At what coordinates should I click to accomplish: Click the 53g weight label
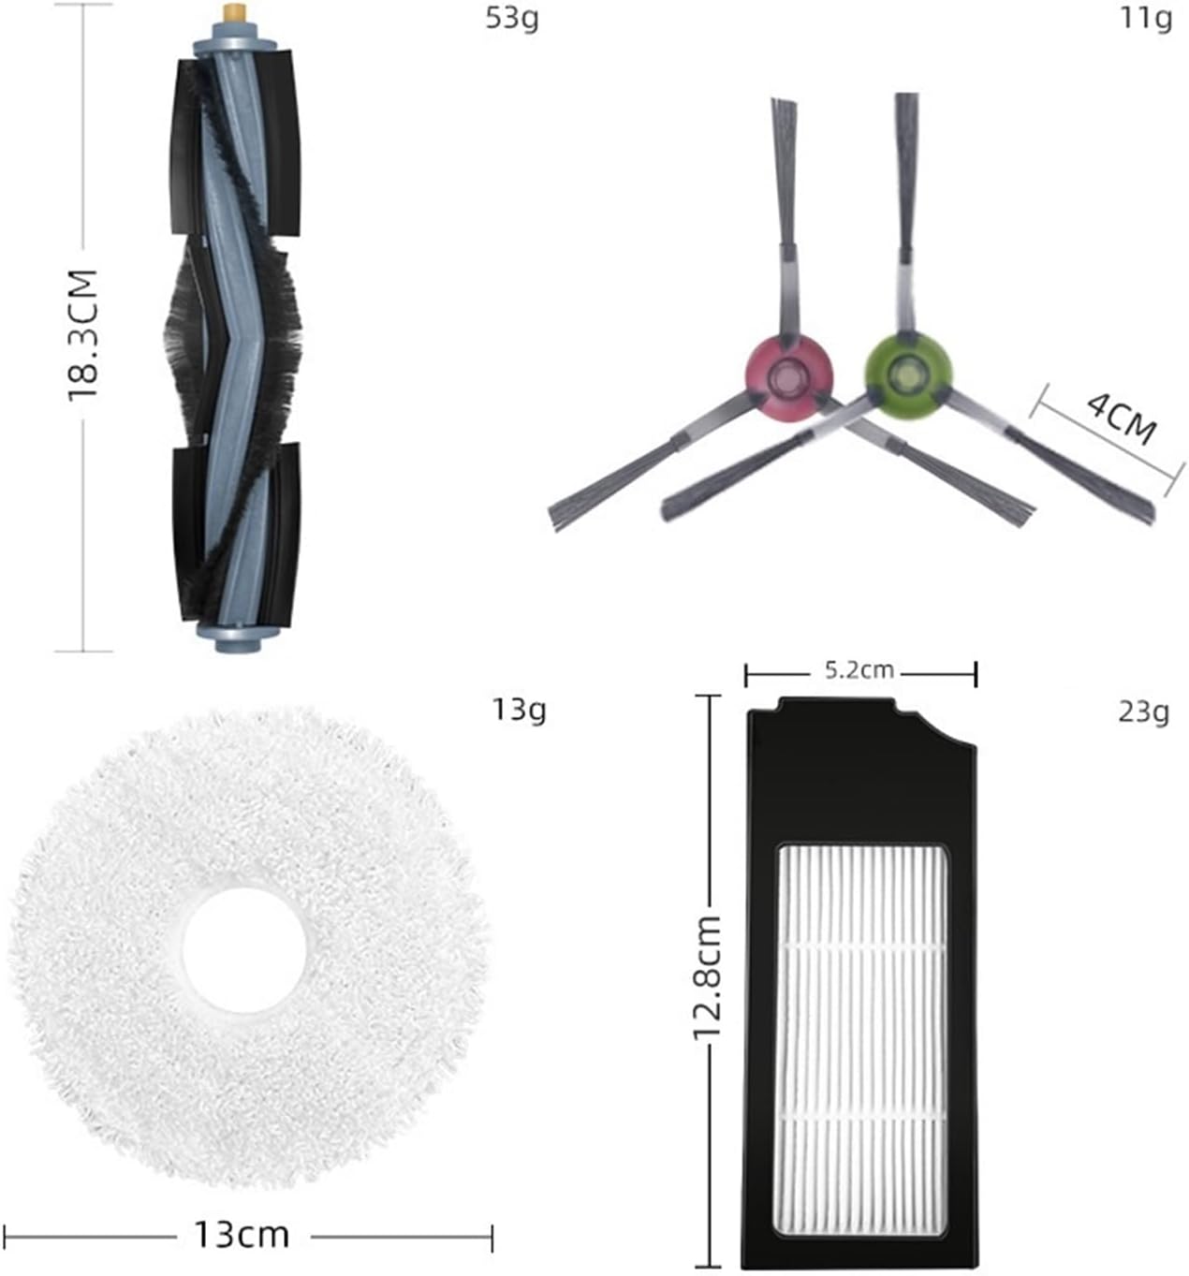[x=511, y=19]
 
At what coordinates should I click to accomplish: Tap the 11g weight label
[x=1145, y=18]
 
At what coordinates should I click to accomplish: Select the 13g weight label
[x=519, y=711]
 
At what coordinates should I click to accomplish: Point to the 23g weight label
[x=1143, y=712]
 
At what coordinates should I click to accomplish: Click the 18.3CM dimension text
[x=83, y=335]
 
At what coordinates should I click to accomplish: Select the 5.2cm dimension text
[x=859, y=671]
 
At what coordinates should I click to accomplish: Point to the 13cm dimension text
[x=242, y=1235]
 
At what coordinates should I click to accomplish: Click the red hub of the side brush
[x=788, y=375]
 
